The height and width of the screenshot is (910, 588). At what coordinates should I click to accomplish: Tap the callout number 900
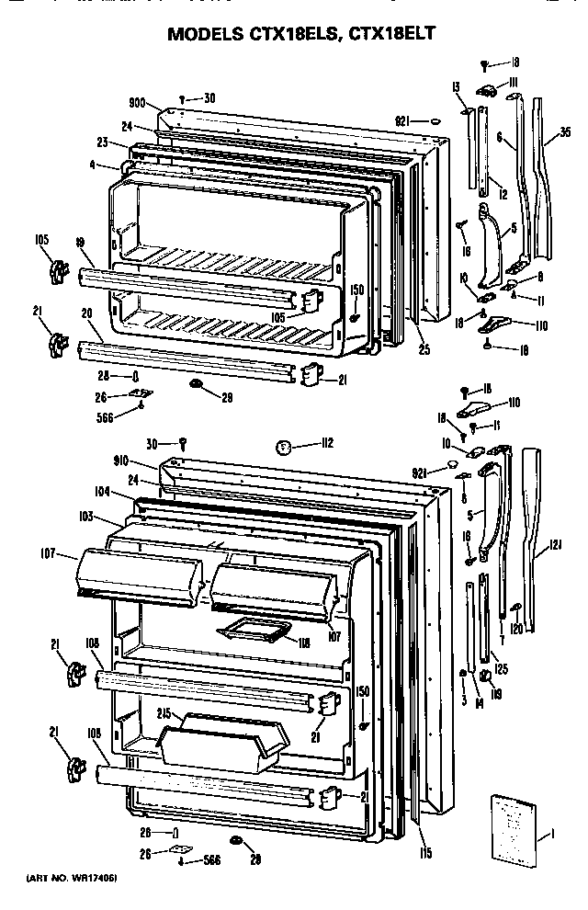[x=139, y=103]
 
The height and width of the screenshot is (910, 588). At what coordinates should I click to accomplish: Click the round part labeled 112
[x=285, y=448]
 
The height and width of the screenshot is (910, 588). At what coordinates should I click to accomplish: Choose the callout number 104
[x=101, y=492]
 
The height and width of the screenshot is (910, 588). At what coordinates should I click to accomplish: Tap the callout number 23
[x=103, y=142]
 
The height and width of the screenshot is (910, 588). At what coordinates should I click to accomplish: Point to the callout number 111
[x=516, y=83]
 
